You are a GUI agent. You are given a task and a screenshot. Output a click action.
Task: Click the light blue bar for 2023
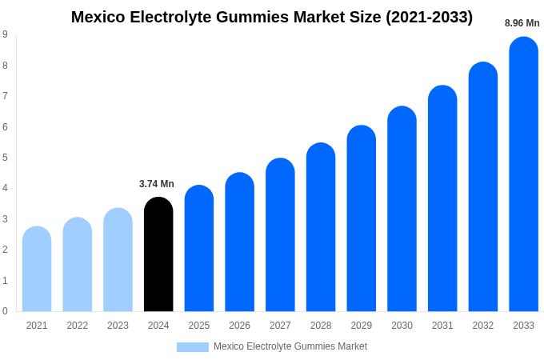pos(118,260)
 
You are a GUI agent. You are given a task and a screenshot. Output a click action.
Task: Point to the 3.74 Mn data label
pos(157,184)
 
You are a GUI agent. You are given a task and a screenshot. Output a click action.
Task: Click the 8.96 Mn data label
pos(522,23)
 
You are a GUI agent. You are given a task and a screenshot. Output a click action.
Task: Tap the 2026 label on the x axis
pos(239,326)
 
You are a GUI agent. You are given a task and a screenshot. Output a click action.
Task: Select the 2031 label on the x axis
pos(442,326)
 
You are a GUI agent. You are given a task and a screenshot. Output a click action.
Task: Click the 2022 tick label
pos(78,326)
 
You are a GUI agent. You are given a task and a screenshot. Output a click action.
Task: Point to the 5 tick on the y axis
pos(5,158)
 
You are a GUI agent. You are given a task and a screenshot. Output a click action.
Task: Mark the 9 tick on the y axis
pos(5,34)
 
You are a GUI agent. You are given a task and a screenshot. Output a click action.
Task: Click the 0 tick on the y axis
pos(5,311)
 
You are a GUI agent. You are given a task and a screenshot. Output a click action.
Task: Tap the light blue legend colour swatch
pos(192,347)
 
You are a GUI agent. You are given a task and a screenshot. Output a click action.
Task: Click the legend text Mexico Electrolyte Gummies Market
pos(290,346)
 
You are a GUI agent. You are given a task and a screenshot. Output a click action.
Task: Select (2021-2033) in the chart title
pos(430,17)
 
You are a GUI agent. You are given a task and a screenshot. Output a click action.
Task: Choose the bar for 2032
pos(483,187)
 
